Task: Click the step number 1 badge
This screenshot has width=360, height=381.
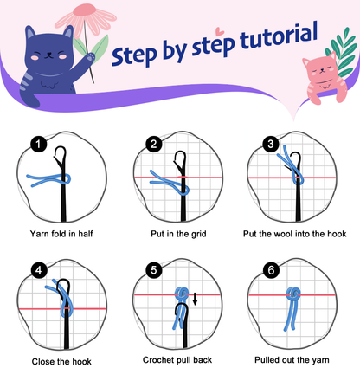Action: coord(37,145)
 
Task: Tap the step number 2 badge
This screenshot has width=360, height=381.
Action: coord(155,145)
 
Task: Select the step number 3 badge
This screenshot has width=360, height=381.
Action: coord(271,145)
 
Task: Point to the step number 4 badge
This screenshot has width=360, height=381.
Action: coord(37,270)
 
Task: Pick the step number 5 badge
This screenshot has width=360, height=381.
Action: coord(155,270)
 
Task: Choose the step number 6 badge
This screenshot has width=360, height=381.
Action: coord(271,270)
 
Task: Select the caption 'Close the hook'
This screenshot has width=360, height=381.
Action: coord(61,360)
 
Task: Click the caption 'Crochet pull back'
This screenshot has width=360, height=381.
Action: coord(179,359)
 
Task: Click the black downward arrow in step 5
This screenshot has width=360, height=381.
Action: coord(196,300)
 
